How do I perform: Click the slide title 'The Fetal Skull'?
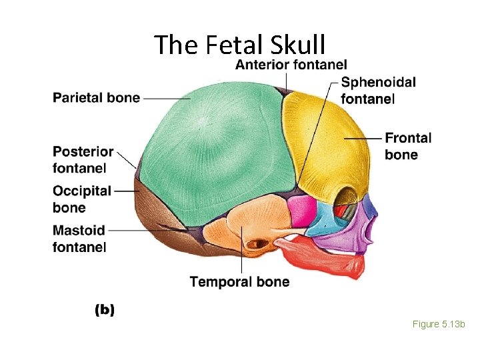[239, 45]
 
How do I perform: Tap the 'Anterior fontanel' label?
[291, 65]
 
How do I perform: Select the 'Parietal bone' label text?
[96, 98]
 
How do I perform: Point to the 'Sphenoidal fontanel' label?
[378, 91]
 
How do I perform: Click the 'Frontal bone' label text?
[408, 147]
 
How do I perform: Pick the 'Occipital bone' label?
[82, 199]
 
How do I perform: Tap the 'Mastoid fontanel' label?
[79, 239]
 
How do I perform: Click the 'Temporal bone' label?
[239, 282]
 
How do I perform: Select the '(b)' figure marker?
[105, 309]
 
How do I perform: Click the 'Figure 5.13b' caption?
[438, 324]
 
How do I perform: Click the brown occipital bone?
[157, 220]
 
